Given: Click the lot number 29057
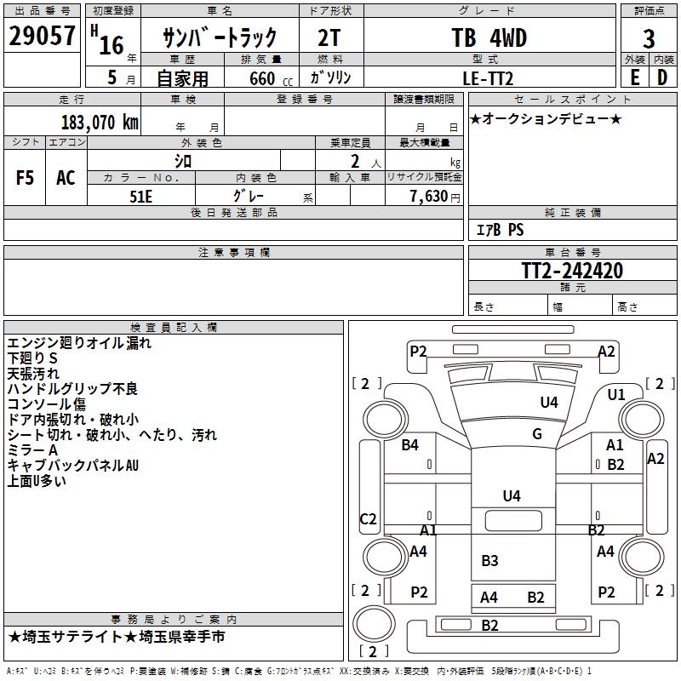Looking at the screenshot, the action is click(x=41, y=37).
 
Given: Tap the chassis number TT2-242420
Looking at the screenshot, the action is click(x=572, y=271).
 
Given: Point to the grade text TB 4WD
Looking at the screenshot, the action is click(x=489, y=38).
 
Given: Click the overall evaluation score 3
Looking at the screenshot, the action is click(x=649, y=39).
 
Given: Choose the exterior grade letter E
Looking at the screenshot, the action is click(x=634, y=77).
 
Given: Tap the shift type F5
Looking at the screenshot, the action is click(x=26, y=178).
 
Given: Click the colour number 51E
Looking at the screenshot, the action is click(x=141, y=195).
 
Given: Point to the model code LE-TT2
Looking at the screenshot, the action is click(x=489, y=77).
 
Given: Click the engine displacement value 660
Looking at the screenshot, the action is click(x=261, y=78).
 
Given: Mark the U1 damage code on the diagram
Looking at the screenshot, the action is click(x=616, y=395).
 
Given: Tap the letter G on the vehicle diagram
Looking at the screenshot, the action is click(x=537, y=434).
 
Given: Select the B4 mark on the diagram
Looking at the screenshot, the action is click(x=410, y=444).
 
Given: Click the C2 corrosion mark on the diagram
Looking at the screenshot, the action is click(x=368, y=519).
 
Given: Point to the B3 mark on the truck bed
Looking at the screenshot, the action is click(x=489, y=560).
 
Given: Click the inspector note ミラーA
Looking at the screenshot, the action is click(x=32, y=449).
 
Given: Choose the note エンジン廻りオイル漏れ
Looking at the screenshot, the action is click(x=79, y=343).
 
